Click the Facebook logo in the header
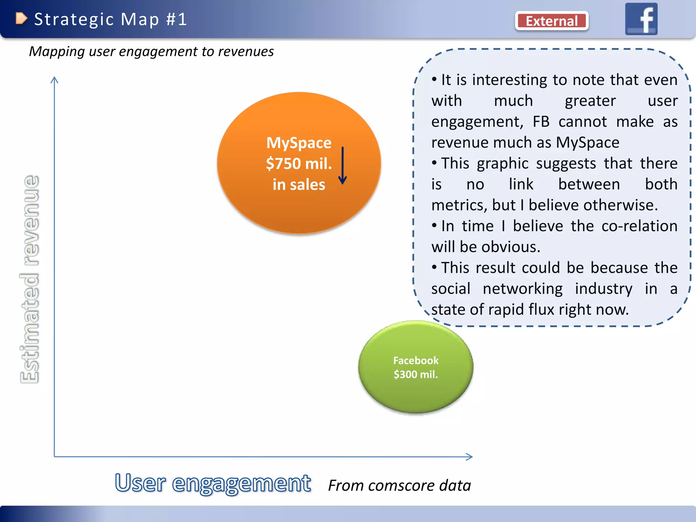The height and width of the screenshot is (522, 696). (x=641, y=19)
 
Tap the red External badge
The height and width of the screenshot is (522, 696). (x=552, y=21)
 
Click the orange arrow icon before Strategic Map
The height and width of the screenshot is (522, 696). (x=21, y=18)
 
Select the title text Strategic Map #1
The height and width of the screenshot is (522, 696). (x=110, y=19)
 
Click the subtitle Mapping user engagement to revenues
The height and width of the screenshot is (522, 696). (x=151, y=52)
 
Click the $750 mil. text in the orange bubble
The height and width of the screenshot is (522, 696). (x=299, y=163)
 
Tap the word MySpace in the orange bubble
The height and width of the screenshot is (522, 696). (x=299, y=143)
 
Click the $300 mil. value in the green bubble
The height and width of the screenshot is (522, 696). (x=416, y=375)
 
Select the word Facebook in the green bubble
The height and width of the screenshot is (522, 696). (x=416, y=360)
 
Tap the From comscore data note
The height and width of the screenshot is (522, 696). (x=399, y=485)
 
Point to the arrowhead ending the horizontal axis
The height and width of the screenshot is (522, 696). (x=470, y=457)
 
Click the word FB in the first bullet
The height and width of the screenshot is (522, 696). (x=541, y=122)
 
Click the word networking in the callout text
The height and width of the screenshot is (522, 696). (x=522, y=289)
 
